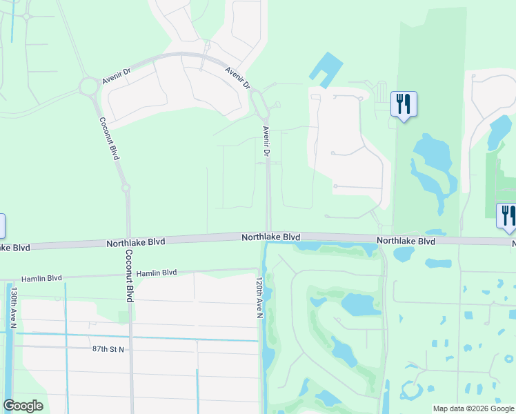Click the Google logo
(x=23, y=406)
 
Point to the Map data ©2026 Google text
(x=473, y=408)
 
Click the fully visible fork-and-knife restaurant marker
(x=403, y=105)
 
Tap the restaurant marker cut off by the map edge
(x=507, y=216)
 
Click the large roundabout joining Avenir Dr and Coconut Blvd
(x=88, y=87)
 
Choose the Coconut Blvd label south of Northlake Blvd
(x=129, y=275)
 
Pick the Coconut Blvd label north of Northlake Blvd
(x=109, y=138)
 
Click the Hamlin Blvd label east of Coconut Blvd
(x=157, y=273)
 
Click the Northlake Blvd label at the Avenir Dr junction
(x=270, y=237)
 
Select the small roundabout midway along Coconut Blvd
(x=125, y=187)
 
